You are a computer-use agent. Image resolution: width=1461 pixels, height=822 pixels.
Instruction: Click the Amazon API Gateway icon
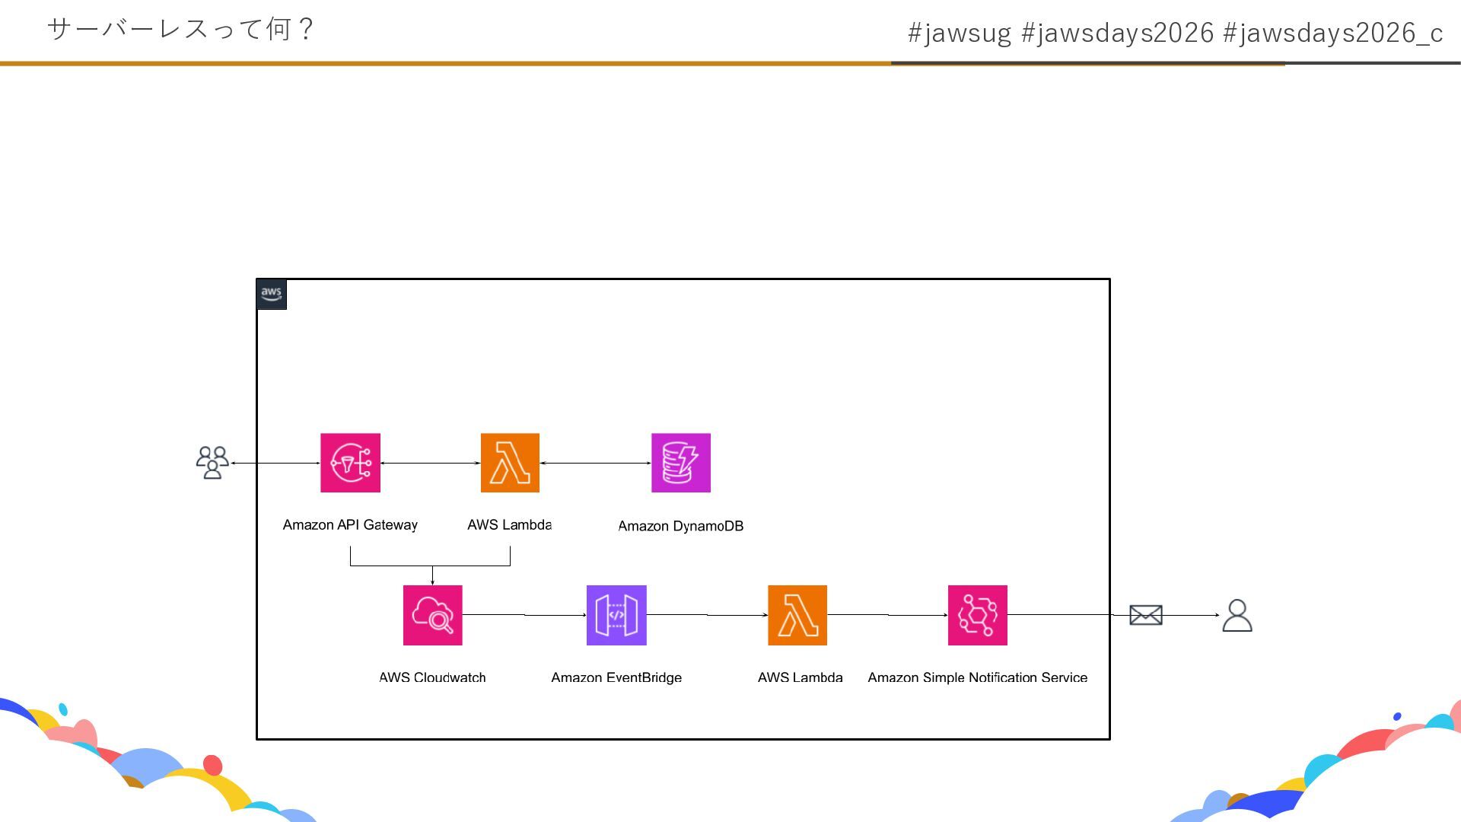point(350,463)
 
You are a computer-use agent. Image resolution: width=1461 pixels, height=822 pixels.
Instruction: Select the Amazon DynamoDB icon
point(681,463)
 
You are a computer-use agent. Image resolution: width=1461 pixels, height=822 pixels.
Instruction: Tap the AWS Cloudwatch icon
point(432,615)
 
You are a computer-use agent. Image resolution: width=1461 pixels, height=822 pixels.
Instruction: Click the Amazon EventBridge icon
point(616,615)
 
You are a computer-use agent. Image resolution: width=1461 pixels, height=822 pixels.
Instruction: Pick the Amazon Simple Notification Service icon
point(977,615)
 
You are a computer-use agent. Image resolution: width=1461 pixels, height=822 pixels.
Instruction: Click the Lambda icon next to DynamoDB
point(510,463)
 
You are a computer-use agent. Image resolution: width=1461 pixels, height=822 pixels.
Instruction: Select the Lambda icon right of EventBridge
point(797,615)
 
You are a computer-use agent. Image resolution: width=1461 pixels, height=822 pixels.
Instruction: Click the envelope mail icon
point(1145,615)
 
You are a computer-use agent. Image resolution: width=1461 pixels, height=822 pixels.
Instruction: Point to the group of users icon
point(212,463)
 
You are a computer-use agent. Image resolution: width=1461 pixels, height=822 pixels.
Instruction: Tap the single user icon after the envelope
point(1237,616)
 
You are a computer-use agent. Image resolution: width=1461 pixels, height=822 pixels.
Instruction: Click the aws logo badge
point(272,294)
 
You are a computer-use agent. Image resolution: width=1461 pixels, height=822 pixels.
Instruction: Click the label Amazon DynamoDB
point(680,526)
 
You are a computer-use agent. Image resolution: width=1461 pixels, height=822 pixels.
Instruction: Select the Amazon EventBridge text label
point(616,677)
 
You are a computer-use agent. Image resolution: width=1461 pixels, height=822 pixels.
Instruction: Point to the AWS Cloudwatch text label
point(432,677)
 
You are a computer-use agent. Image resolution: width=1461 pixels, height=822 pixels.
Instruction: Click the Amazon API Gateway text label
point(350,524)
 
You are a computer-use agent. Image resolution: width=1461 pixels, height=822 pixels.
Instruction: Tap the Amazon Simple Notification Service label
point(977,677)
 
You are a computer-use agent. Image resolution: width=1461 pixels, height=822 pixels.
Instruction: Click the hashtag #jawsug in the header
point(959,33)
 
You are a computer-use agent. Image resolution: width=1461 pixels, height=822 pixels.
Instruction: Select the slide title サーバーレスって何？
point(181,30)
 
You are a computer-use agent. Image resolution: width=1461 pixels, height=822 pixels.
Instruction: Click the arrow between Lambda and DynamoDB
point(595,463)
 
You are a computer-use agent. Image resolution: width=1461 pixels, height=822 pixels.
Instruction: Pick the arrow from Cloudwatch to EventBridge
point(524,615)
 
